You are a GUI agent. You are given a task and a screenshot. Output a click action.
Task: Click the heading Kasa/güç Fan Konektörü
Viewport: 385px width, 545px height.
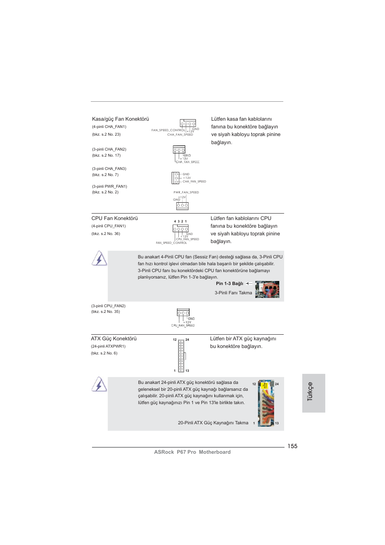pos(120,119)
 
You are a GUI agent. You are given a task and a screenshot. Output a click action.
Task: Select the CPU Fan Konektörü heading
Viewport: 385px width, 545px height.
pos(115,218)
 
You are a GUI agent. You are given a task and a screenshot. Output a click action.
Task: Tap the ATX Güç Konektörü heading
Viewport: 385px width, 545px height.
pos(114,339)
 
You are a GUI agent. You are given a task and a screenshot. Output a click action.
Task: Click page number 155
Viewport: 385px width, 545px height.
pos(292,446)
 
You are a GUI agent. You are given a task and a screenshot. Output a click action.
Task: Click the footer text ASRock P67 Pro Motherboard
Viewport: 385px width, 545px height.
pos(192,452)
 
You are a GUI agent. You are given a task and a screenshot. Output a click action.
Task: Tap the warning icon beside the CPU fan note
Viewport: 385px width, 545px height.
pos(99,258)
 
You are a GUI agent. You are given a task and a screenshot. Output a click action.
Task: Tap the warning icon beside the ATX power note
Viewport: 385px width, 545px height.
pos(99,384)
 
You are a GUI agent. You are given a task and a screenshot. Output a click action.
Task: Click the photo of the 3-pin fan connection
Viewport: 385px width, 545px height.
pos(267,289)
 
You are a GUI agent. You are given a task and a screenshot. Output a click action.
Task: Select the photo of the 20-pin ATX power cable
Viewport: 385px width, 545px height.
pos(266,403)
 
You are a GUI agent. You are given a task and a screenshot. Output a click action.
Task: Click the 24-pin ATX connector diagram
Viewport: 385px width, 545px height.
pos(181,355)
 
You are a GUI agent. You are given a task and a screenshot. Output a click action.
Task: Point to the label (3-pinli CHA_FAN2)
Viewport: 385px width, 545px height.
pos(109,149)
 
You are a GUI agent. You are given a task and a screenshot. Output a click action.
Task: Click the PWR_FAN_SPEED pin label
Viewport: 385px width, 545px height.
pos(186,193)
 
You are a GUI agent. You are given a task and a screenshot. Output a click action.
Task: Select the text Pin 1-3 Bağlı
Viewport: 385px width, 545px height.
pos(229,284)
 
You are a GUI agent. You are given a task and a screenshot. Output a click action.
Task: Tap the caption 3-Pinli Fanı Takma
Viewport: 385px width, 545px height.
pos(233,293)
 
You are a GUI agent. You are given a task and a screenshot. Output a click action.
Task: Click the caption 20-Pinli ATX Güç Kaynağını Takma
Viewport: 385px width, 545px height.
pos(213,423)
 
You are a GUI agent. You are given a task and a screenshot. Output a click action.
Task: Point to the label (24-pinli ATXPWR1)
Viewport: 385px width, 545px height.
pos(108,346)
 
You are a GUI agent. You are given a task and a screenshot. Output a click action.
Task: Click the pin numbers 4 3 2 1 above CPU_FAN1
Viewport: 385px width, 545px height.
pos(180,221)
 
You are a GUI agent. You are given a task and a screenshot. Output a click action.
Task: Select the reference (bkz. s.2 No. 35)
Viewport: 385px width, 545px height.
pos(105,312)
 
